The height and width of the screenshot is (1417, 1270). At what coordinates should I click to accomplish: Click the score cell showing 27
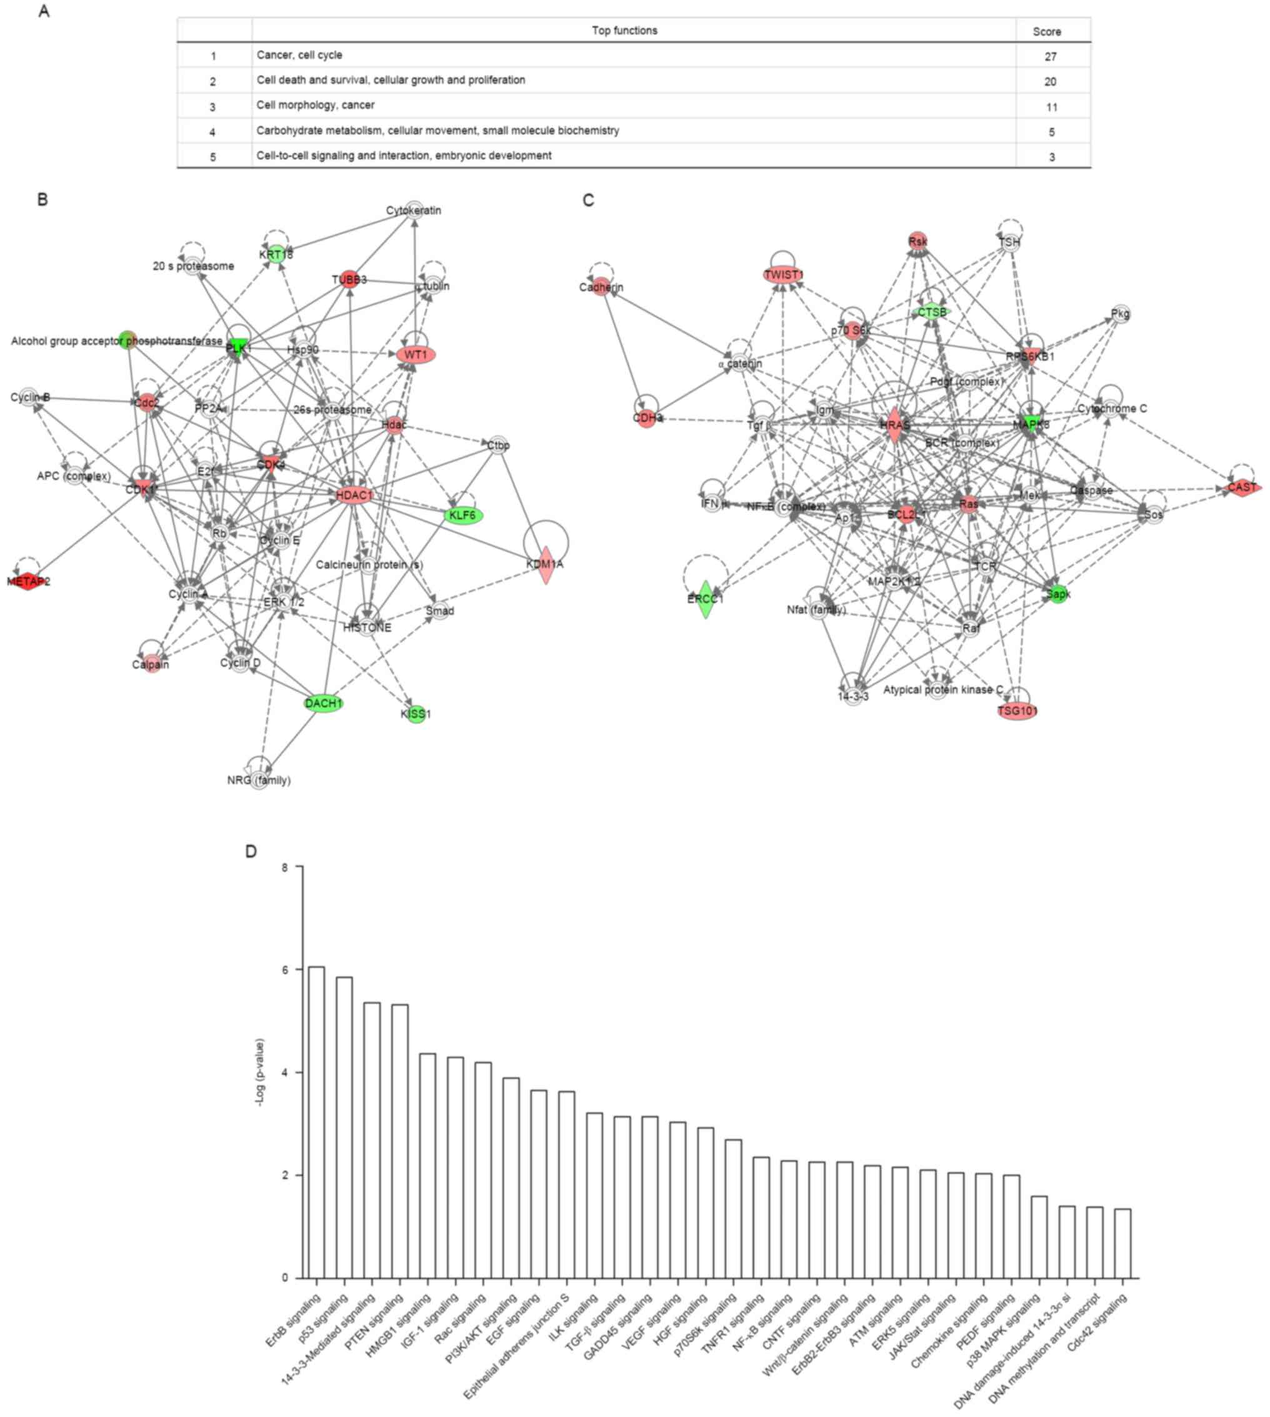(1050, 56)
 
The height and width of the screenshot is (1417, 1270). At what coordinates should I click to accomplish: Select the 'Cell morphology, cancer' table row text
(316, 106)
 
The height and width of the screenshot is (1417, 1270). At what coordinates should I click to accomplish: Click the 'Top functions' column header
(624, 31)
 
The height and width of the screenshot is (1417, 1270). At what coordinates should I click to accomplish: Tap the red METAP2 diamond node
(28, 581)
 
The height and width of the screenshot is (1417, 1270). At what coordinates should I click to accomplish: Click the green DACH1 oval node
(324, 704)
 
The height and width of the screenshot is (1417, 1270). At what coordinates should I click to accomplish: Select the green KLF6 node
(462, 515)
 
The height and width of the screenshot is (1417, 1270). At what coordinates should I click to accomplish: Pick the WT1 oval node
(416, 355)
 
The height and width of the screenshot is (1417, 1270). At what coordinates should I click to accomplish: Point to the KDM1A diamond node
(546, 564)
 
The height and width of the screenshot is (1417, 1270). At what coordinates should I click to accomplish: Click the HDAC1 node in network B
(354, 496)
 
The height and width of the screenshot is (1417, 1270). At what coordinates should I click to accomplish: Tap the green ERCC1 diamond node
(706, 599)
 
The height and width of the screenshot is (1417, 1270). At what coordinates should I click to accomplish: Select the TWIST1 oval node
(784, 275)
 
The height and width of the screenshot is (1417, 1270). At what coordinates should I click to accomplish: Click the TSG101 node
(1017, 712)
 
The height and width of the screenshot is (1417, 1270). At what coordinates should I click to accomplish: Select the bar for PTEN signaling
(400, 1141)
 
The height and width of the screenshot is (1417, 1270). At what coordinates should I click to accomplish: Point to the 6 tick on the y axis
(285, 970)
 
